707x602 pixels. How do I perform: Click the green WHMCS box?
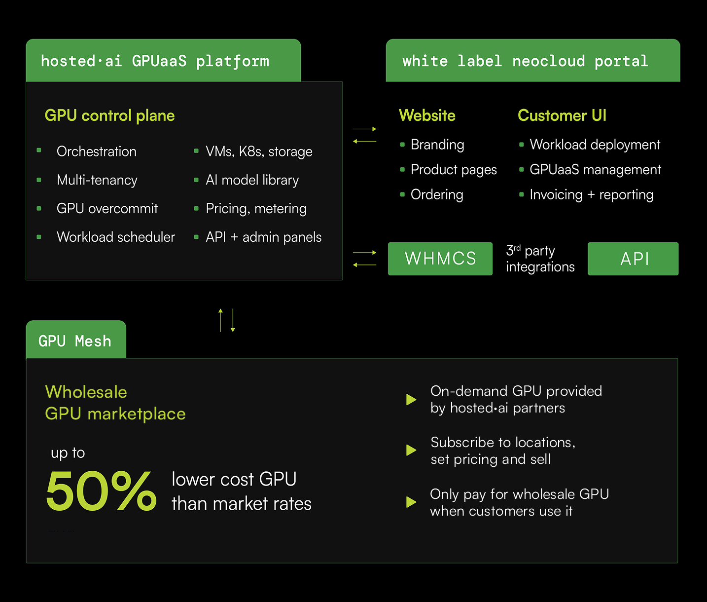(x=440, y=259)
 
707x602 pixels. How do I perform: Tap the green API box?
(x=633, y=259)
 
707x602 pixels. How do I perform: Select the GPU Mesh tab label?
(x=75, y=340)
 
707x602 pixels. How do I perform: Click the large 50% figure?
(x=101, y=490)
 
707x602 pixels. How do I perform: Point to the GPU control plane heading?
(x=109, y=115)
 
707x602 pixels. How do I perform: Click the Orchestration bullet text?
(x=97, y=151)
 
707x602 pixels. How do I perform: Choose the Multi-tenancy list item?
(x=97, y=180)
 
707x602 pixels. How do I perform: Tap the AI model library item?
(x=252, y=180)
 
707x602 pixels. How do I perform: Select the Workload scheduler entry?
(x=116, y=237)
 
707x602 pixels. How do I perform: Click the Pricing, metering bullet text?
(x=256, y=209)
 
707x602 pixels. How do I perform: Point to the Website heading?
(x=427, y=115)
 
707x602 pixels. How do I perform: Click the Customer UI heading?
(x=562, y=115)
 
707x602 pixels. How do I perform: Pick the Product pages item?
(x=454, y=170)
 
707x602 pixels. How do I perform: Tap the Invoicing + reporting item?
(x=591, y=195)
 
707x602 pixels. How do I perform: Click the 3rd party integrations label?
(x=540, y=259)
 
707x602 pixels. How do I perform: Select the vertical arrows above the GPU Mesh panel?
(x=227, y=320)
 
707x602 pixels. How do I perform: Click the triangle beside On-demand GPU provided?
(x=411, y=400)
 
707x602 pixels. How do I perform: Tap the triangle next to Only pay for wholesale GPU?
(x=411, y=502)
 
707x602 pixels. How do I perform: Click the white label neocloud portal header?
(x=525, y=61)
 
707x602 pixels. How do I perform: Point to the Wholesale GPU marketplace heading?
(x=115, y=403)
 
